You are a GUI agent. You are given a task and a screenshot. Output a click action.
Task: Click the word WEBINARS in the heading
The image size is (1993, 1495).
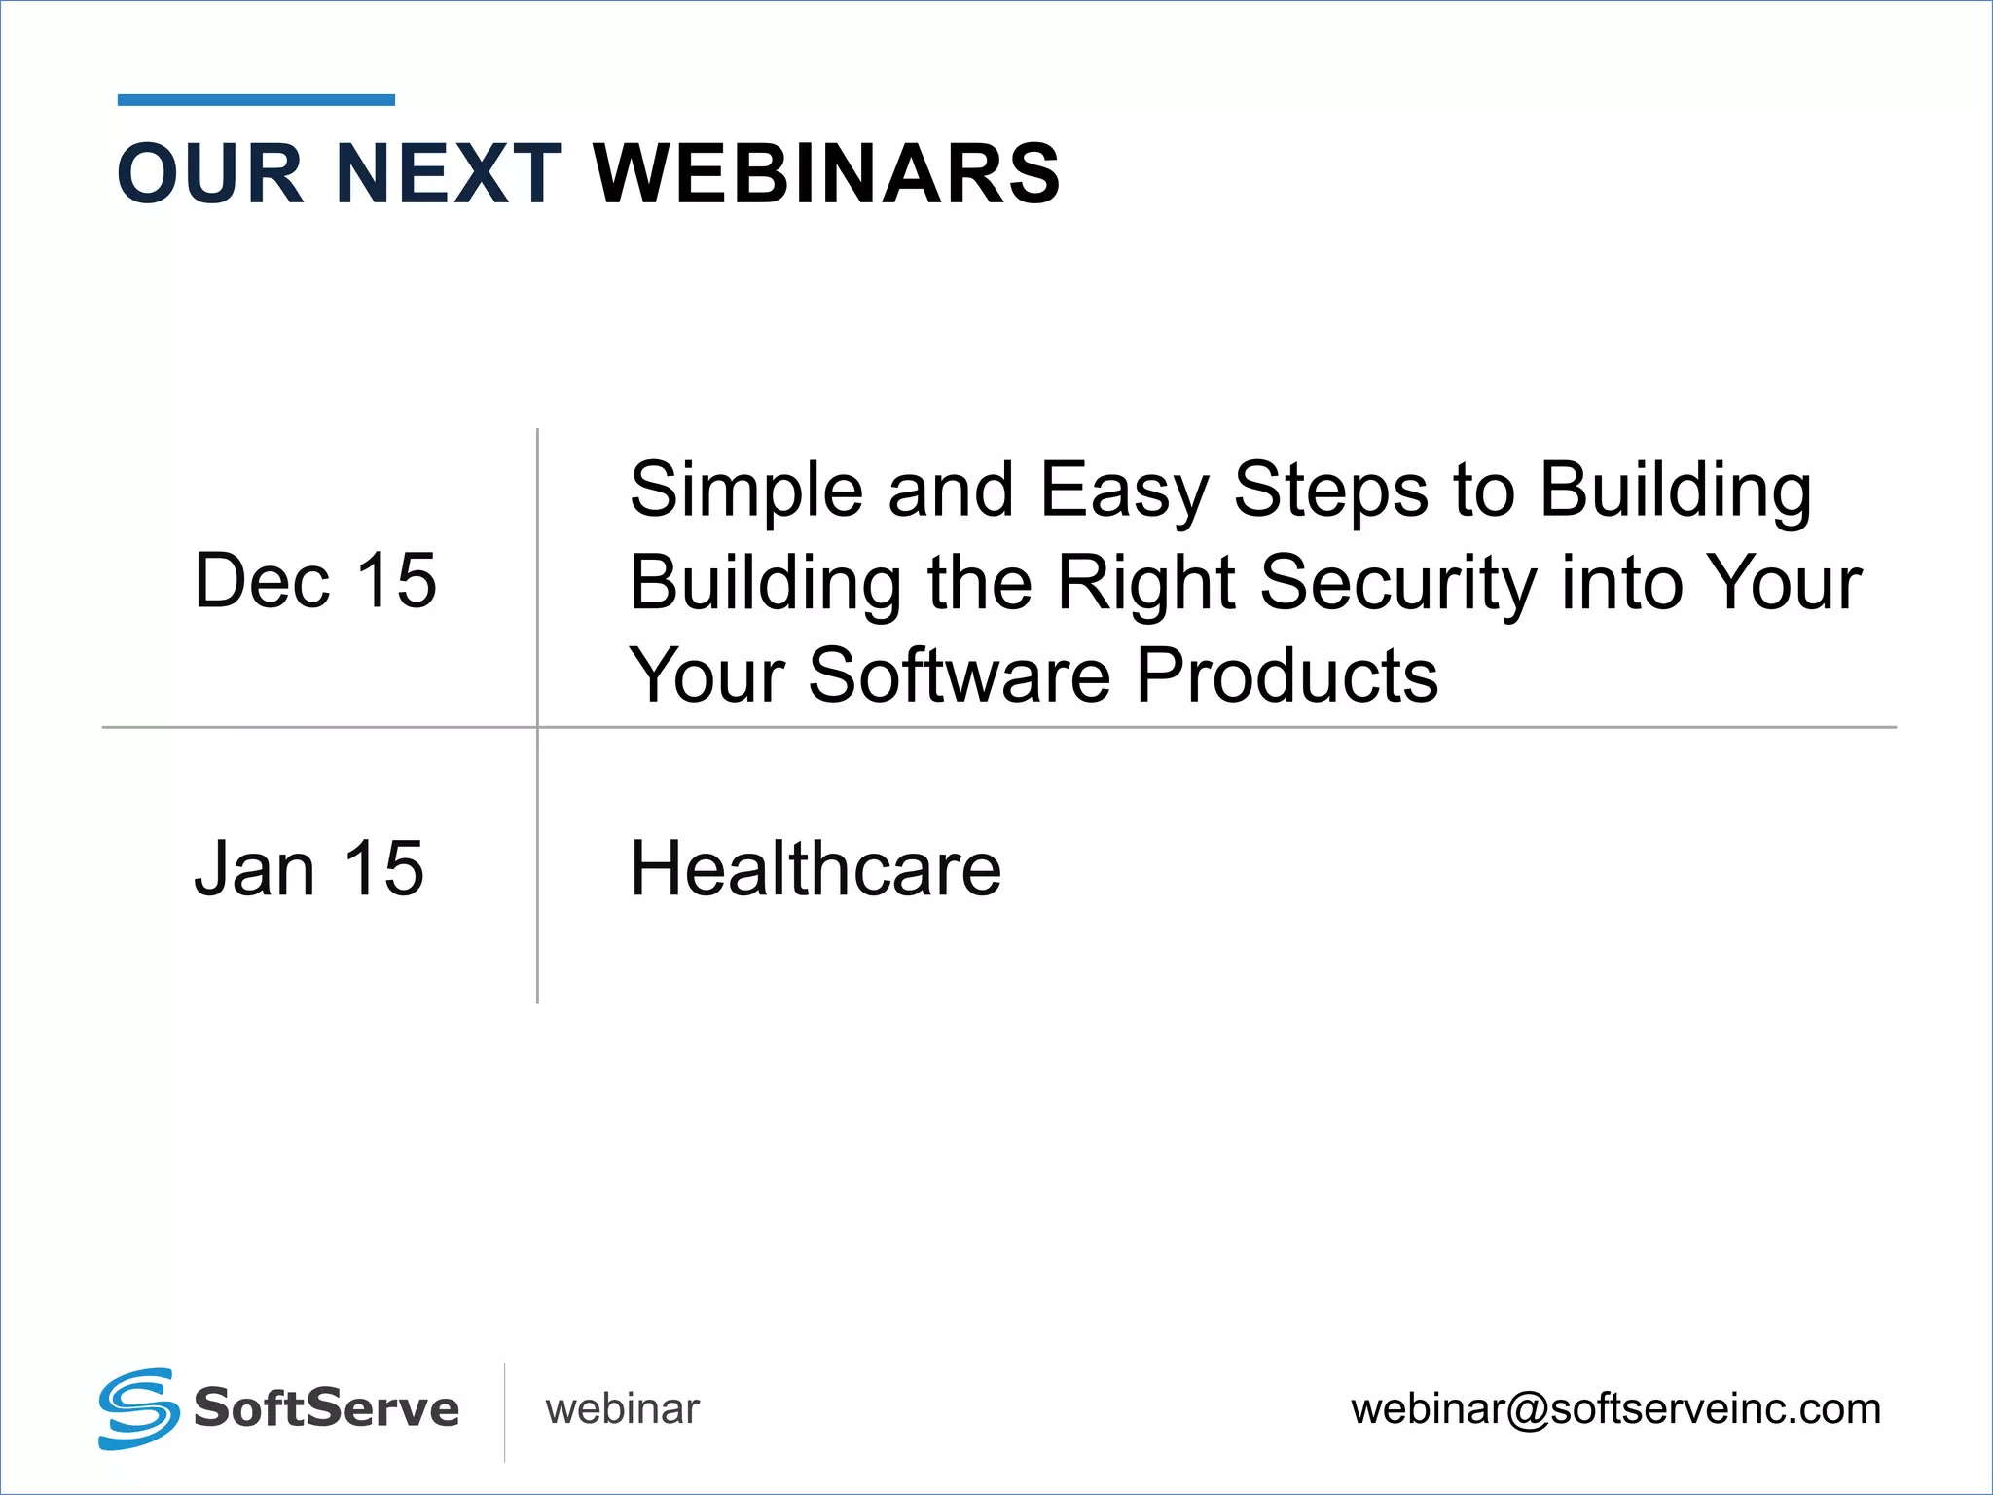[x=826, y=174]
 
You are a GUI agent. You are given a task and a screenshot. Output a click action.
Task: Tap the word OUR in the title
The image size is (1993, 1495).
[x=211, y=174]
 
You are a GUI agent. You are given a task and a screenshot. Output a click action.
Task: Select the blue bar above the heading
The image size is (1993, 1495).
[x=256, y=100]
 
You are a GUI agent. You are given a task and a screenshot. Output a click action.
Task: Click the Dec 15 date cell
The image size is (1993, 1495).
[x=315, y=581]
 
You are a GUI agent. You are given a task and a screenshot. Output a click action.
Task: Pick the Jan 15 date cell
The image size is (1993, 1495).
[x=309, y=868]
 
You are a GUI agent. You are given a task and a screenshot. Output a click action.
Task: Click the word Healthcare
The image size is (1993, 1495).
[x=815, y=868]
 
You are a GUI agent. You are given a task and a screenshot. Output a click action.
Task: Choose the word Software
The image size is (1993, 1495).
[x=959, y=675]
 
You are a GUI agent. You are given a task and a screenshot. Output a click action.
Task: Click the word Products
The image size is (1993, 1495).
[x=1286, y=675]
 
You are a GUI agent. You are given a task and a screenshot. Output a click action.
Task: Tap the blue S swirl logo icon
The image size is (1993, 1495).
[x=138, y=1408]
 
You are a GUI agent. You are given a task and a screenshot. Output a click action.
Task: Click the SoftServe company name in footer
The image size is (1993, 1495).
[x=326, y=1408]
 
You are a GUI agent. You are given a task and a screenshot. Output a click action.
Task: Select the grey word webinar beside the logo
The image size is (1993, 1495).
[x=622, y=1409]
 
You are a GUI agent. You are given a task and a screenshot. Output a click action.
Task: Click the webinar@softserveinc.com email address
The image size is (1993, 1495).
[x=1615, y=1409]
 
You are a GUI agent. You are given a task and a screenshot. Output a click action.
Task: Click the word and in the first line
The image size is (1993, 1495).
[x=951, y=490]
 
